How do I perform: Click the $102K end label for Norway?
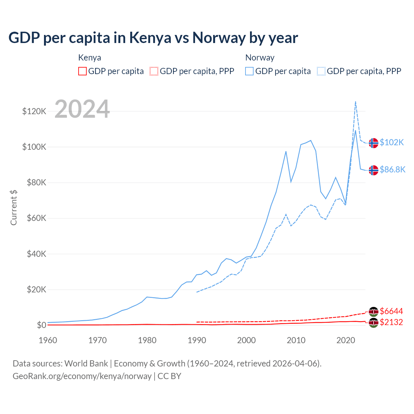point(392,142)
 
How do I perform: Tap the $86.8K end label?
point(392,169)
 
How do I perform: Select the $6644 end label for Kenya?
point(391,311)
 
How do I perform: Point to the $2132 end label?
point(391,322)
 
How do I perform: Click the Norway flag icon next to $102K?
point(374,143)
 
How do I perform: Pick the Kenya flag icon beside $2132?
point(374,322)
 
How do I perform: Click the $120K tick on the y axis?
point(34,112)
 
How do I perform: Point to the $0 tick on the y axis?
point(41,325)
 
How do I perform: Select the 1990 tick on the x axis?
point(197,340)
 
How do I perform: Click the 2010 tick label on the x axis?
point(296,340)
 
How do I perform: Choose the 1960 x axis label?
point(48,340)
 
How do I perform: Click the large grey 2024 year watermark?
point(82,109)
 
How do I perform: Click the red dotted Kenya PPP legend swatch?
point(154,71)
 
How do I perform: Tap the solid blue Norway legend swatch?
point(249,71)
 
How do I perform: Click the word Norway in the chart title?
point(219,38)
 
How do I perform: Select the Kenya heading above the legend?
point(90,58)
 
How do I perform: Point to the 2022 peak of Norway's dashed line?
point(355,102)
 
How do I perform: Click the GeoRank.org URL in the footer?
point(82,376)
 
